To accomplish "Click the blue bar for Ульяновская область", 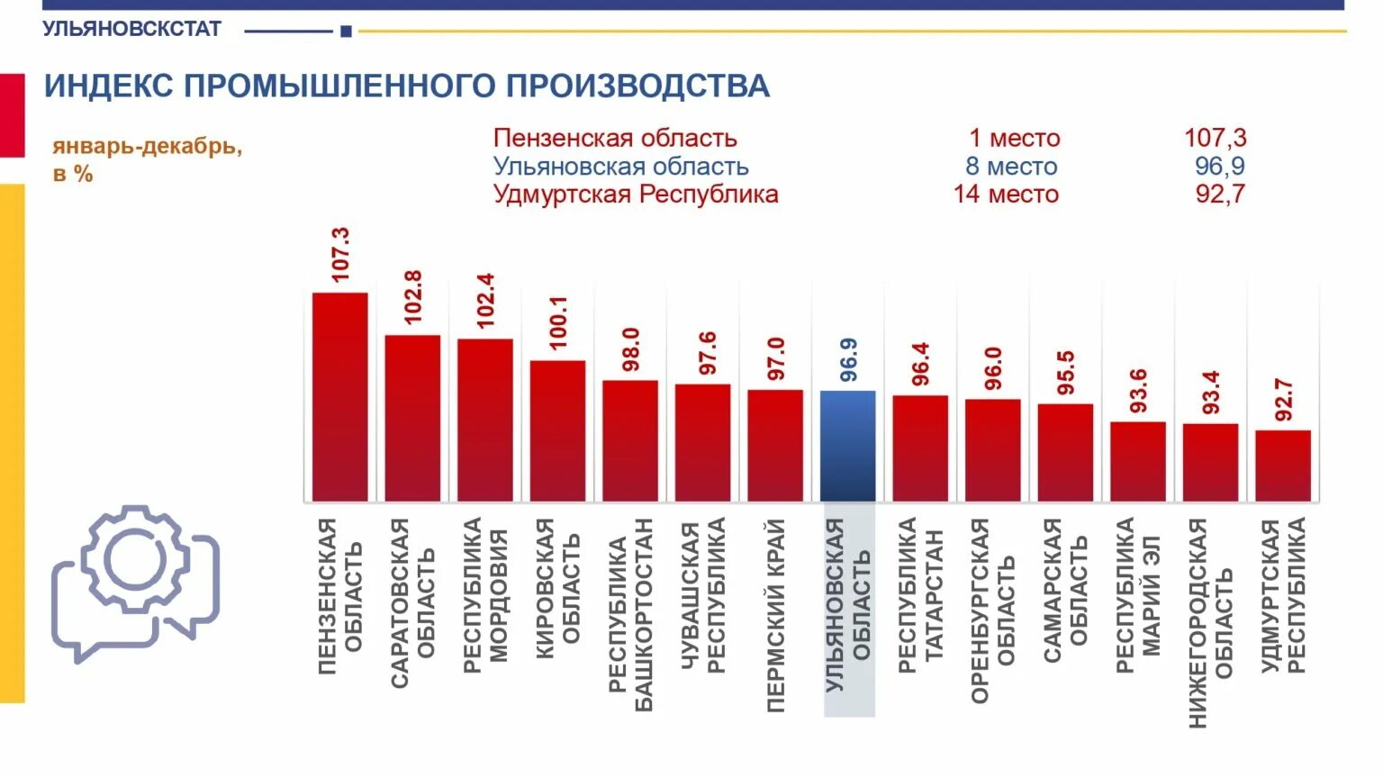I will pyautogui.click(x=847, y=446).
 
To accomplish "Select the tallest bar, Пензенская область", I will pyautogui.click(x=339, y=396).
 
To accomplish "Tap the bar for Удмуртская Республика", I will pyautogui.click(x=1283, y=466).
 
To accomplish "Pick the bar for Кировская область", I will pyautogui.click(x=557, y=430).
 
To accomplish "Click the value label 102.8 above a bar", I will pyautogui.click(x=413, y=297).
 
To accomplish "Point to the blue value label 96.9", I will pyautogui.click(x=848, y=360).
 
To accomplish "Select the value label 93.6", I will pyautogui.click(x=1138, y=391).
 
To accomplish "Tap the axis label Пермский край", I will pyautogui.click(x=775, y=616).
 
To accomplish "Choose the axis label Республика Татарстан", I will pyautogui.click(x=920, y=594).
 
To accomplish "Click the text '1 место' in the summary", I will pyautogui.click(x=1014, y=139).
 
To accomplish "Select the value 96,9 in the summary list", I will pyautogui.click(x=1220, y=167).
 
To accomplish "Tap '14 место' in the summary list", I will pyautogui.click(x=1006, y=194).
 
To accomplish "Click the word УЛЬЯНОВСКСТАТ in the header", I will pyautogui.click(x=131, y=29).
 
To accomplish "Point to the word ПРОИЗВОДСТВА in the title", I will pyautogui.click(x=637, y=86).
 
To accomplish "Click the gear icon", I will pyautogui.click(x=135, y=559).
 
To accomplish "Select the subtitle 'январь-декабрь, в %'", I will pyautogui.click(x=147, y=159).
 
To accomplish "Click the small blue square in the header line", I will pyautogui.click(x=346, y=32).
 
